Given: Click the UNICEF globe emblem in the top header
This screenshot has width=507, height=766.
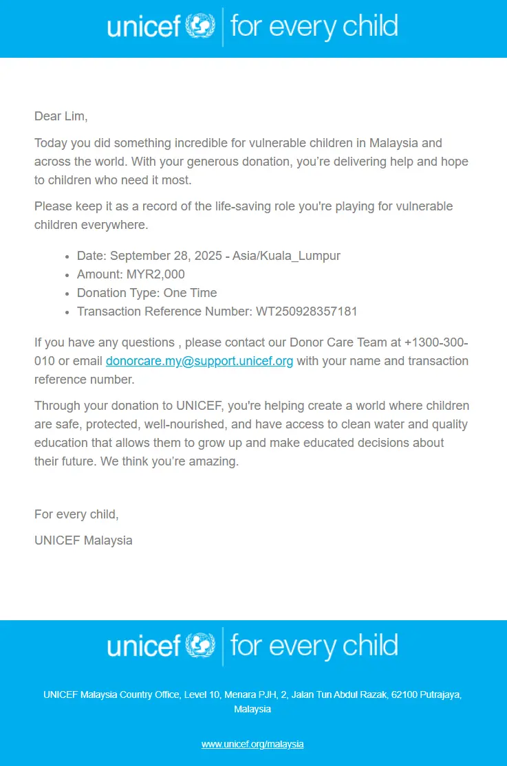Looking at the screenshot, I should tap(201, 27).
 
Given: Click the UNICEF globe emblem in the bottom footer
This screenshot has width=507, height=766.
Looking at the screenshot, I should tap(201, 646).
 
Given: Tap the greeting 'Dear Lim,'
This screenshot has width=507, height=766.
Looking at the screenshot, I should tap(61, 116).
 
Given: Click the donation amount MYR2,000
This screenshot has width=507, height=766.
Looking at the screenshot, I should tap(155, 274).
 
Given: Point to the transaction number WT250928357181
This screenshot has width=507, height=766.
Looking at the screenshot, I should tap(307, 311).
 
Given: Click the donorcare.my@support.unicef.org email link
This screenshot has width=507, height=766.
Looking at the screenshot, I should tap(199, 361).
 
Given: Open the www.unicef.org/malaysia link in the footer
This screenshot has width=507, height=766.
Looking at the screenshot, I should tap(252, 744).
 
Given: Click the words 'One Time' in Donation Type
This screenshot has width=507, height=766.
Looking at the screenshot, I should tap(190, 293).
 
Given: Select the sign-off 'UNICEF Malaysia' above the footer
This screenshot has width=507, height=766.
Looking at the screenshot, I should tap(83, 540).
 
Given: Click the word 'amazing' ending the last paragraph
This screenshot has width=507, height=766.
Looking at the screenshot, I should tap(215, 461).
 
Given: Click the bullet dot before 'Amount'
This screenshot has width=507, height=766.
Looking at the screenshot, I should tap(67, 275).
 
